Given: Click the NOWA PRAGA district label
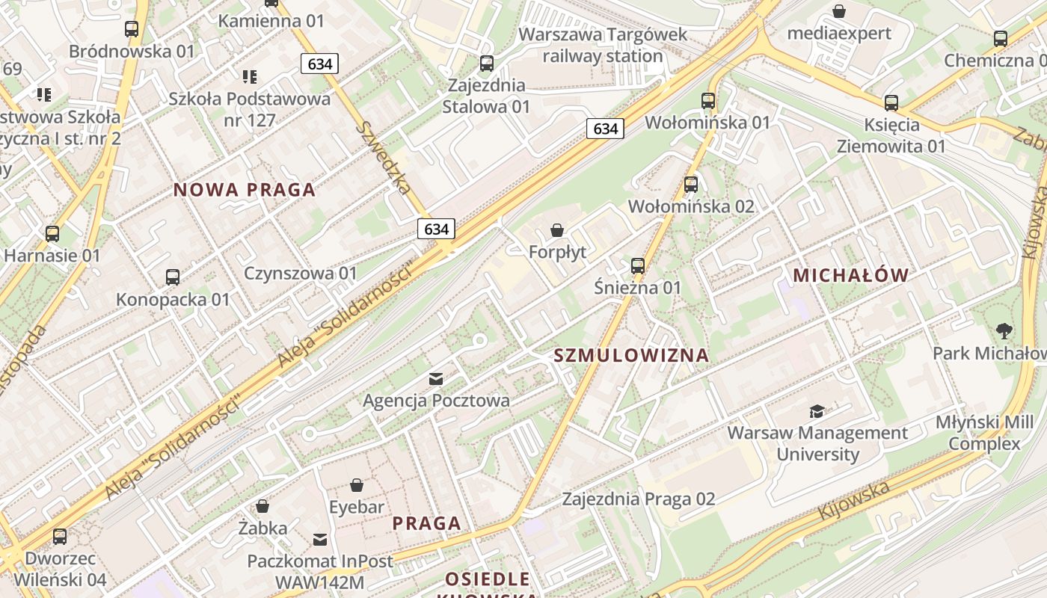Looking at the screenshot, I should click(245, 190).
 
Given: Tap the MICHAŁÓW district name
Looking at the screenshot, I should click(850, 275).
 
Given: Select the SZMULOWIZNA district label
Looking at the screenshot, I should click(631, 355).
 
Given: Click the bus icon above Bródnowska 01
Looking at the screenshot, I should click(132, 29).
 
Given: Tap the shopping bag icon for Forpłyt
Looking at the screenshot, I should click(557, 230).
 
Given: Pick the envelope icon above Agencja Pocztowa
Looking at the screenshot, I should click(436, 379).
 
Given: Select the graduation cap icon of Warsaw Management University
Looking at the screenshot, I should click(817, 411).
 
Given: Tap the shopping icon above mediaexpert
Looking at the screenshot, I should click(839, 11).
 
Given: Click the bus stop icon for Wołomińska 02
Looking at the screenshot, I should click(691, 184).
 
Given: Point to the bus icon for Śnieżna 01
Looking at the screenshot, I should click(638, 265).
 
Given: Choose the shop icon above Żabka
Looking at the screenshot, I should click(262, 506).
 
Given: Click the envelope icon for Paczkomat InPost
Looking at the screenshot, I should click(320, 539).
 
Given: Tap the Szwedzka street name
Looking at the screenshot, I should click(383, 158).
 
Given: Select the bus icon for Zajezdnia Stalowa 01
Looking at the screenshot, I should click(487, 64).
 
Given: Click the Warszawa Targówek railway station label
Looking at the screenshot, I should click(602, 45).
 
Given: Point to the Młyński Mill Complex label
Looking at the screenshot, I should click(984, 433).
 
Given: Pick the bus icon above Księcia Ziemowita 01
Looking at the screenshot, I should click(891, 102).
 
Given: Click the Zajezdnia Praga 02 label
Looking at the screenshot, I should click(639, 499).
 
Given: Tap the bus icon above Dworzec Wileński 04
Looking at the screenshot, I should click(60, 537).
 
